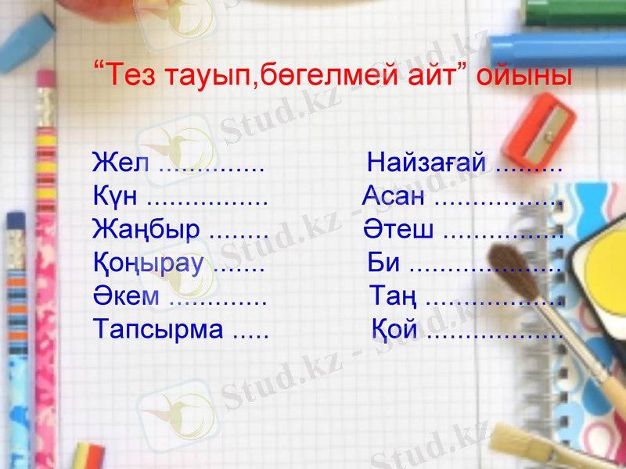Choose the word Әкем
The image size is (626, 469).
coord(126,296)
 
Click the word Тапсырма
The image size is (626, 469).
coord(158,329)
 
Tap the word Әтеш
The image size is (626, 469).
coord(399,230)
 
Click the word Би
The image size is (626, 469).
coord(383,263)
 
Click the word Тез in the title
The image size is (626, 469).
coord(129,75)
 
